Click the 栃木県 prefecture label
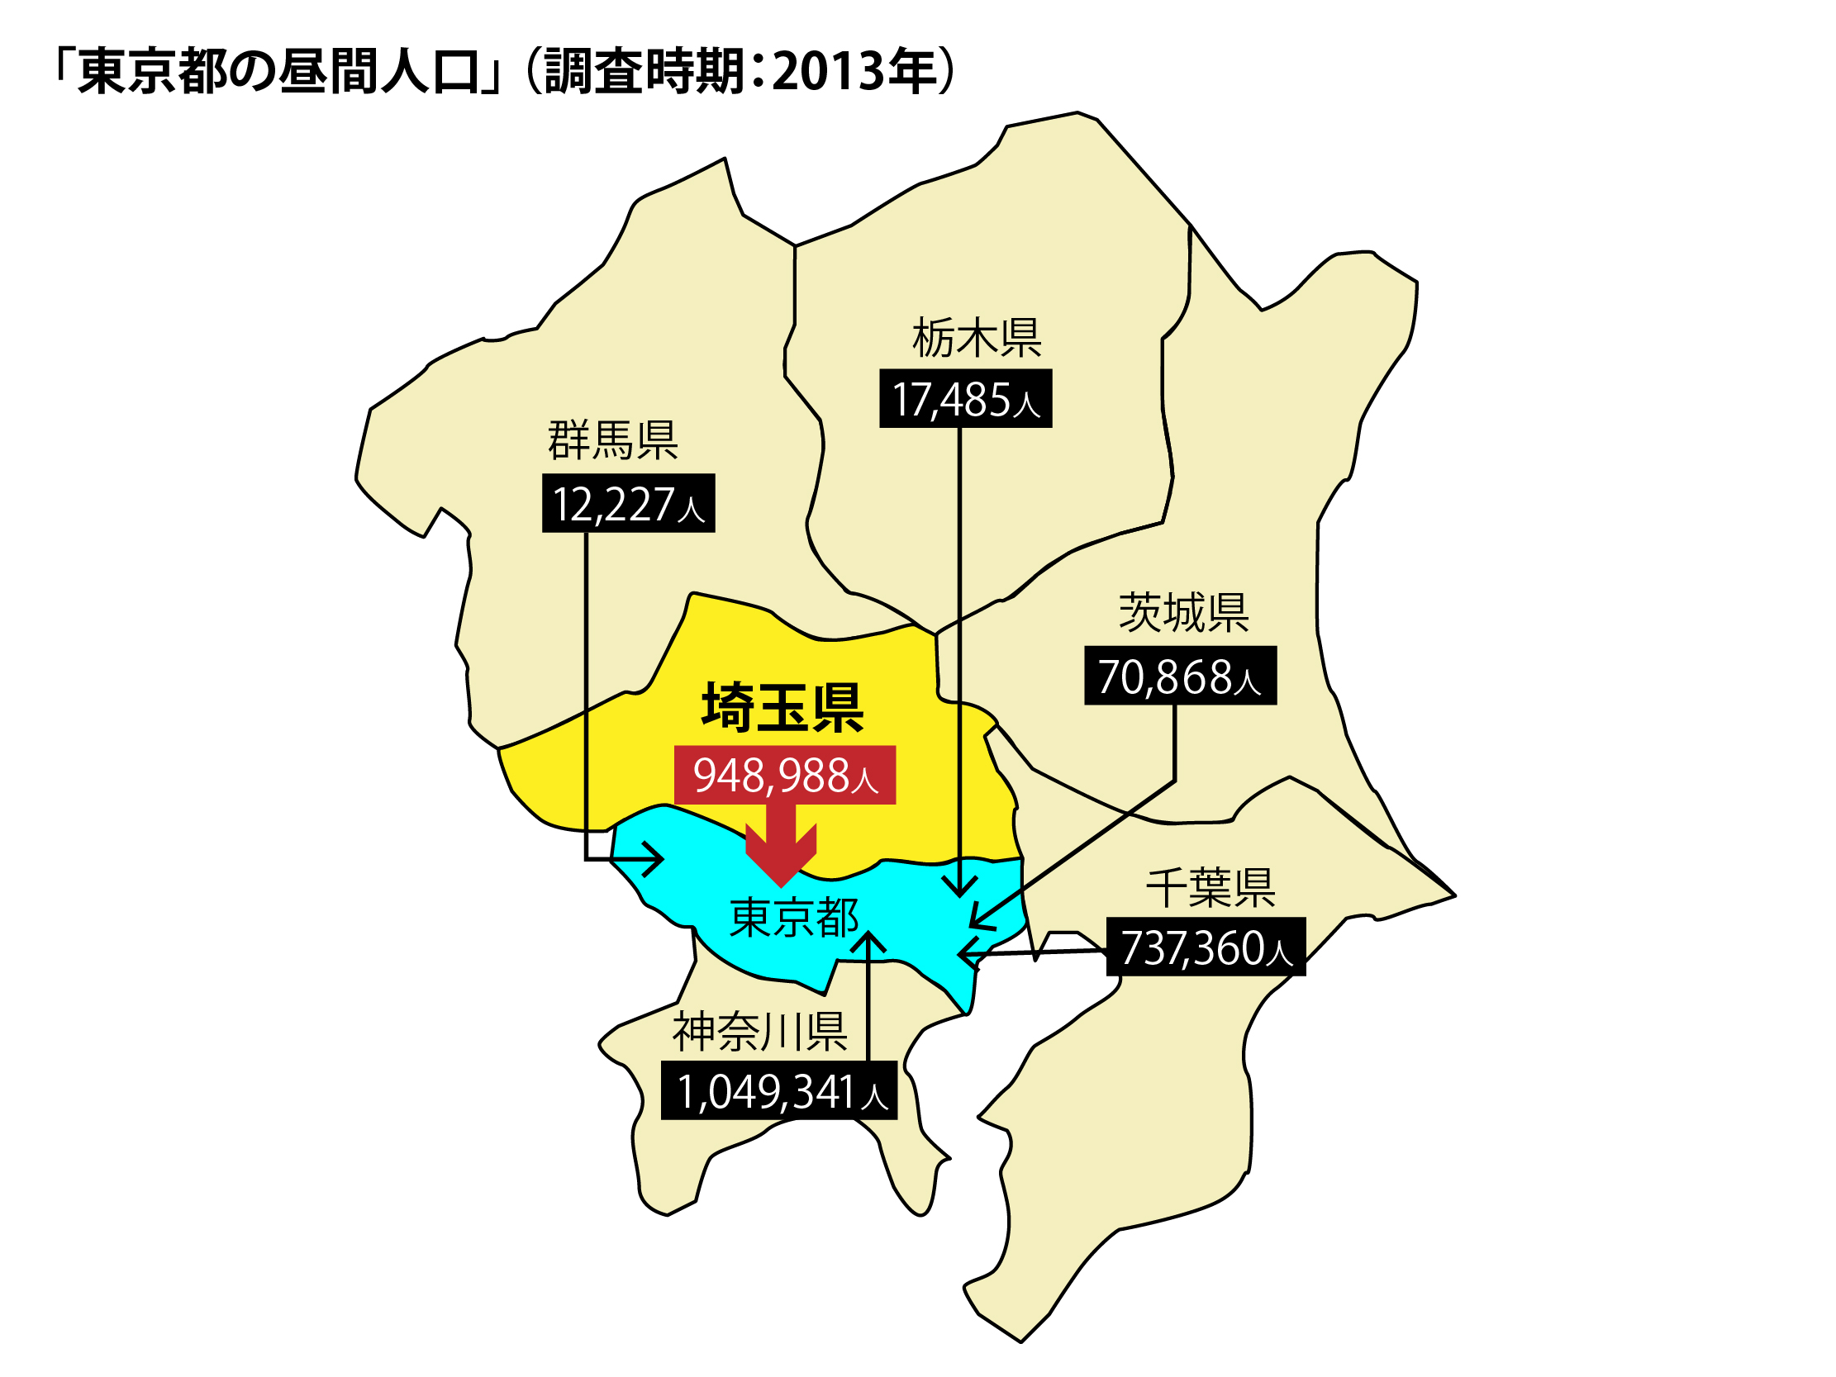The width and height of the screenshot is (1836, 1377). click(x=976, y=338)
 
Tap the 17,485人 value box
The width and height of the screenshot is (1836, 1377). click(x=965, y=399)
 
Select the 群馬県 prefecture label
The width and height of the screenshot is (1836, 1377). click(x=612, y=441)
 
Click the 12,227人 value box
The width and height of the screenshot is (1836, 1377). click(x=628, y=504)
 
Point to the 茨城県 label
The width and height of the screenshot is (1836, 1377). click(x=1183, y=614)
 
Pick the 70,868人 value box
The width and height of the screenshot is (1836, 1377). click(x=1180, y=676)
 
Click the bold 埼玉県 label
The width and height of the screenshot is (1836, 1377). click(x=782, y=708)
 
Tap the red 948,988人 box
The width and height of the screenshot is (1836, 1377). click(x=784, y=776)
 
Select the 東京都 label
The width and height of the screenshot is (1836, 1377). click(x=793, y=918)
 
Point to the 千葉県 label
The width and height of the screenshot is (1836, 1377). click(x=1211, y=888)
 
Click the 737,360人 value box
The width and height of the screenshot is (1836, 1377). click(x=1206, y=948)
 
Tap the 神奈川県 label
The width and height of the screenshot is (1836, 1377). click(x=759, y=1033)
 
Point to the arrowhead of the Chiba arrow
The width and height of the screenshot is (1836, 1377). click(x=965, y=955)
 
